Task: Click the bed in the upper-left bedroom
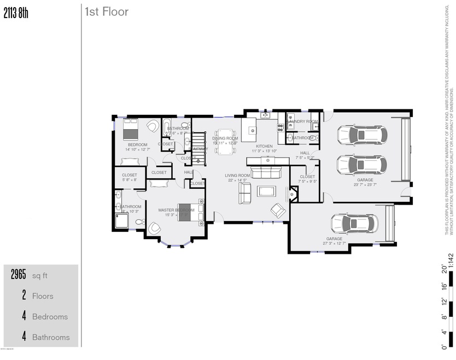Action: point(131,130)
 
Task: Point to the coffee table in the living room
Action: point(267,191)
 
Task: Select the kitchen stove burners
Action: point(281,126)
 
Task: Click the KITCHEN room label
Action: point(264,146)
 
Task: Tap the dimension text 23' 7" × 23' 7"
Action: point(365,185)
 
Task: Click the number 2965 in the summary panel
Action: point(19,275)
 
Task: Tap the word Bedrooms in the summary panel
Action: point(50,317)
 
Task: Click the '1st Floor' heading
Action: point(106,11)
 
